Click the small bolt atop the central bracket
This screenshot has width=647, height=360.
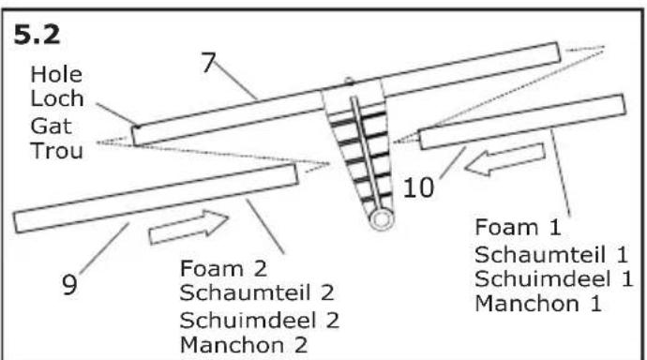pos(348,82)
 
